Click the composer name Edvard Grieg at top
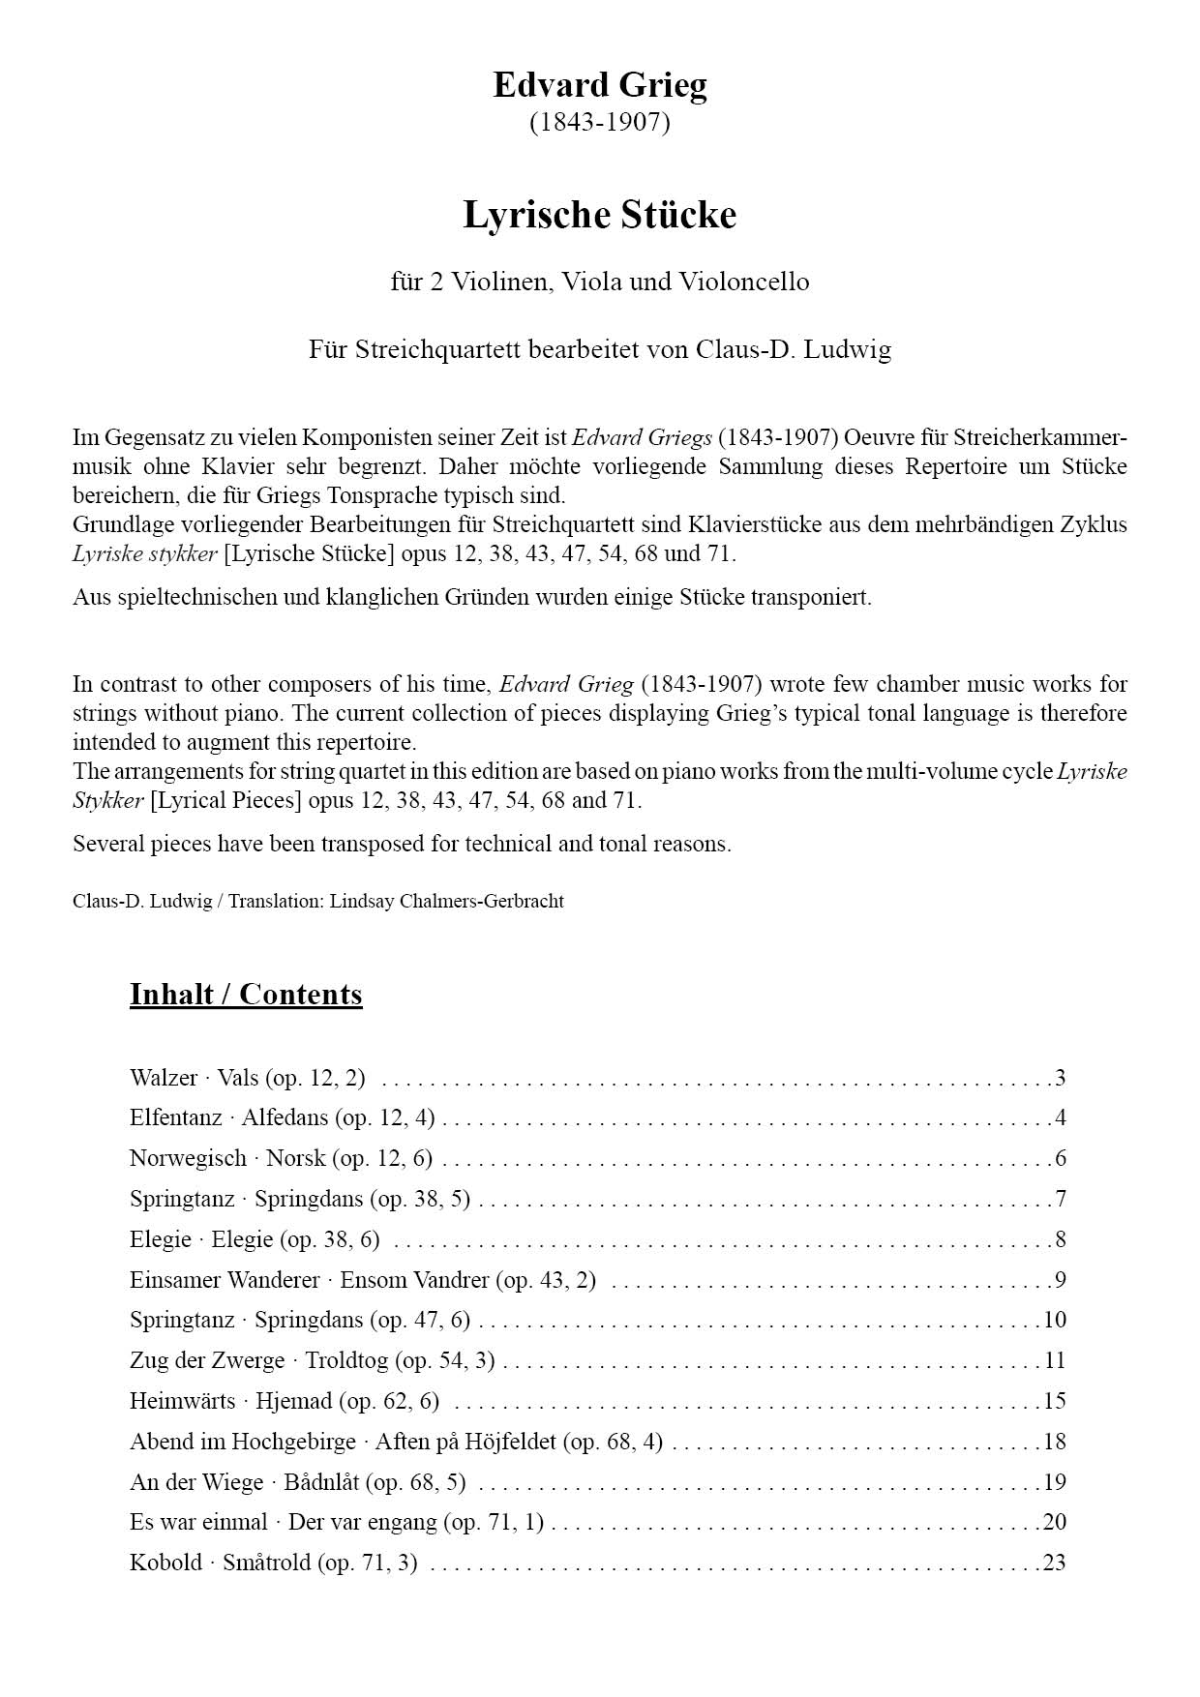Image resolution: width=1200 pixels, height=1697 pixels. [x=599, y=85]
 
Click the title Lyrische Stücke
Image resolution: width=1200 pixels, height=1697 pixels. [x=599, y=215]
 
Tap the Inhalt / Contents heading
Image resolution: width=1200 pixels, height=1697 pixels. [x=246, y=995]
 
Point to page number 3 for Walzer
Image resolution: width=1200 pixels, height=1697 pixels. [x=1061, y=1078]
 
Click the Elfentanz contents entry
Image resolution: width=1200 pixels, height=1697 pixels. [x=282, y=1118]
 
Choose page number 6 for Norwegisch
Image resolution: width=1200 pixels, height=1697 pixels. [x=1061, y=1159]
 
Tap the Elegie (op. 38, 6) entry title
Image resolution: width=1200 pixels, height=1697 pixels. [x=255, y=1239]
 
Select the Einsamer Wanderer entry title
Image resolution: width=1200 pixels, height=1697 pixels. [x=362, y=1280]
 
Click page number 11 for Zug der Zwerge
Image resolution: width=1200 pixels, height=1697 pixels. [x=1055, y=1360]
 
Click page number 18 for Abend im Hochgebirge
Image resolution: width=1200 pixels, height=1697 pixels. [x=1055, y=1442]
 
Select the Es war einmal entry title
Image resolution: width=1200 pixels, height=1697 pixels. [x=336, y=1522]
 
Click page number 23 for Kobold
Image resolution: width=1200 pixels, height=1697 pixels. [x=1054, y=1563]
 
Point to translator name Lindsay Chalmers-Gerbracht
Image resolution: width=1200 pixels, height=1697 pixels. [x=446, y=902]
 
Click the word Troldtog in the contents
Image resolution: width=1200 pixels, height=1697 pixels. [x=346, y=1360]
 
